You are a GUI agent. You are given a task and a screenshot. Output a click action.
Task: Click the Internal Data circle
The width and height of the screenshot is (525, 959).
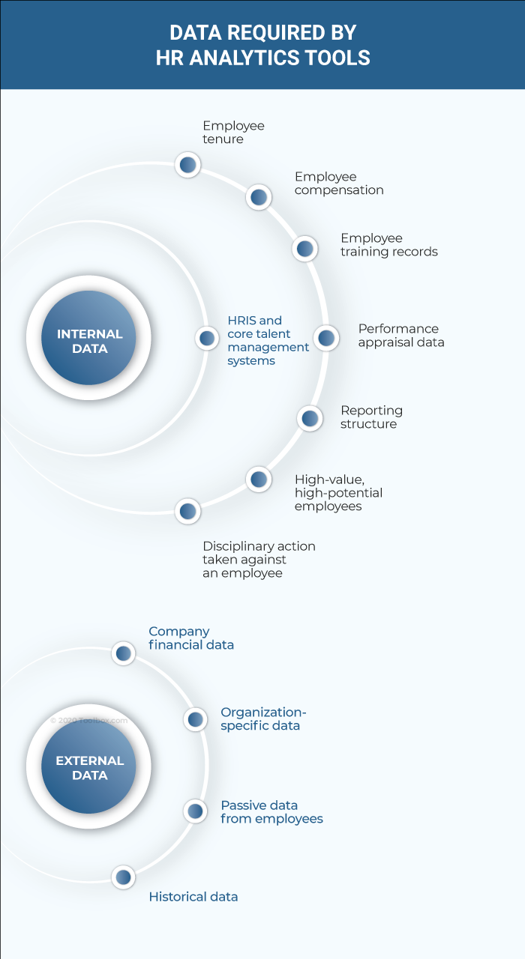pos(88,338)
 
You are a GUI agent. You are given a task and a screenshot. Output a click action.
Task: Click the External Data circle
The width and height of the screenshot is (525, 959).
pos(88,766)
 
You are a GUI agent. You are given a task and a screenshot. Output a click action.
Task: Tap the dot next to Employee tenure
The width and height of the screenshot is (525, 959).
pos(187,164)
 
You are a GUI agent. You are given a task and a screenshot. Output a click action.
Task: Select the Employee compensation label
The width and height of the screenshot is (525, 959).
pos(338,184)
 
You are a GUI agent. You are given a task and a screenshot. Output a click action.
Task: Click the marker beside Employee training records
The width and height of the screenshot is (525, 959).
pos(304,248)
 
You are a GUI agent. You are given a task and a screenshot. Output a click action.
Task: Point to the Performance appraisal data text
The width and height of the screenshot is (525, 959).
pos(400,335)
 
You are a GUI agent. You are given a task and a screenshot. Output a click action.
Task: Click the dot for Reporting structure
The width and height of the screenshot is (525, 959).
pos(310,418)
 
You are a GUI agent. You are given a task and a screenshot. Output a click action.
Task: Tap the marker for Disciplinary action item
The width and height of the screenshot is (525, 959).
pos(187,512)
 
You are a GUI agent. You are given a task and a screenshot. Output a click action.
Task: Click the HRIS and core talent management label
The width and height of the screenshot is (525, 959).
pos(268,341)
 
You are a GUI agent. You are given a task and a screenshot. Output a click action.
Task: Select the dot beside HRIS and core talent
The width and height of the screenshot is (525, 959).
pos(207,338)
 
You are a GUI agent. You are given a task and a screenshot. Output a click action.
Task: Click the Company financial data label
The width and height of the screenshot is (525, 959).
pos(190,638)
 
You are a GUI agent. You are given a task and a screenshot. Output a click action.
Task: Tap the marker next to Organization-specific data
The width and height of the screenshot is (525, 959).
pos(196,719)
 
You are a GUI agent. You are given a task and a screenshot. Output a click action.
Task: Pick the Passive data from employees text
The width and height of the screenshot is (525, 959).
pos(271,812)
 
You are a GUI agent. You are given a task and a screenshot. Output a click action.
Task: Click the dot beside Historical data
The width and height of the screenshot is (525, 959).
pos(124,877)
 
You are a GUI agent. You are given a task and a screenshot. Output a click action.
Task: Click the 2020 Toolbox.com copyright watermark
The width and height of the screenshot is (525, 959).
pos(89,721)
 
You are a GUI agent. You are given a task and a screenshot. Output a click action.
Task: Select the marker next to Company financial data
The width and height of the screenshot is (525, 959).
pos(124,653)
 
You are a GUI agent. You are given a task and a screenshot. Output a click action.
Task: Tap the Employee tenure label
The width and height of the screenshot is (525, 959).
pos(233,133)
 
